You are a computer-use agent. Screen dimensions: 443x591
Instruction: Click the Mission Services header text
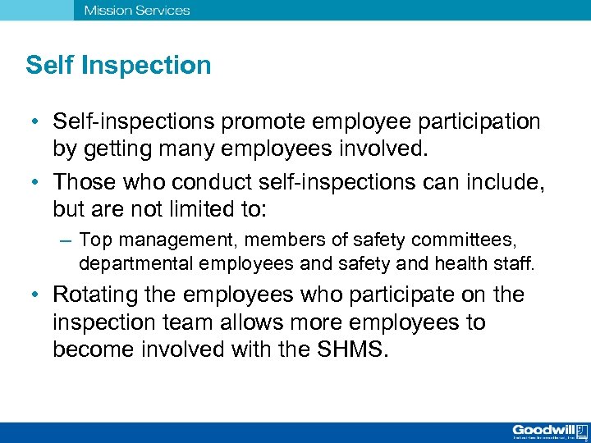click(x=136, y=11)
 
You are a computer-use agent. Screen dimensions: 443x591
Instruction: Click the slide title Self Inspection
click(x=118, y=66)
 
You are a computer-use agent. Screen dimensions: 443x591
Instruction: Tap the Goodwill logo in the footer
click(x=549, y=432)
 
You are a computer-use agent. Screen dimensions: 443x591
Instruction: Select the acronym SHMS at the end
click(x=358, y=349)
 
